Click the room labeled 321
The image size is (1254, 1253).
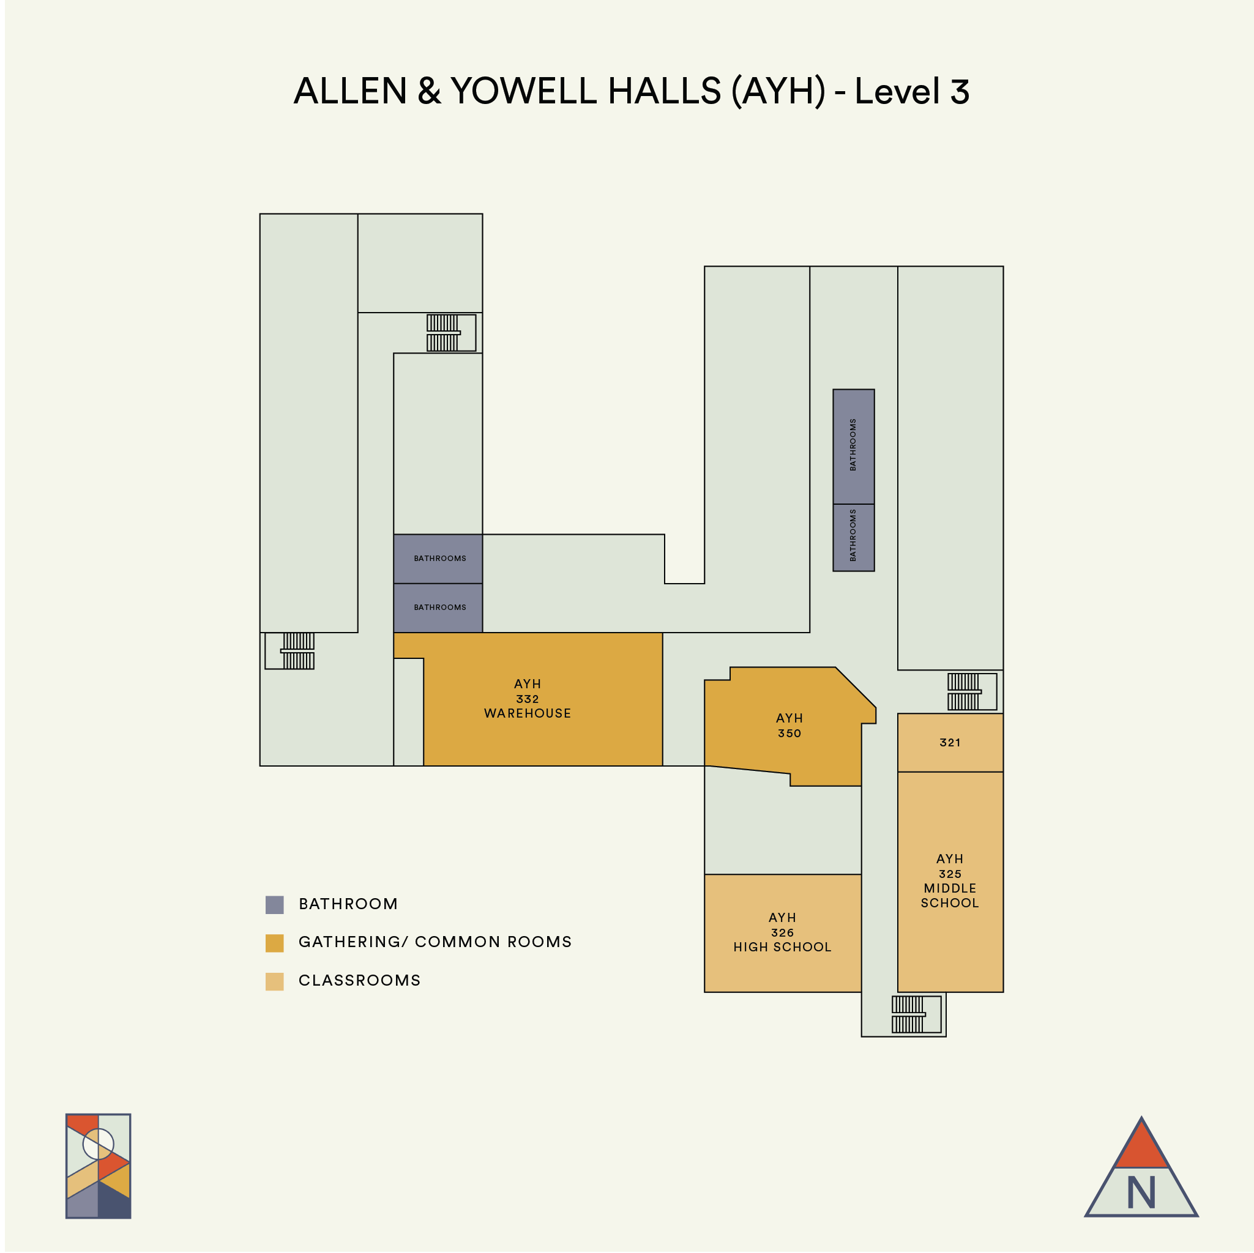click(x=950, y=742)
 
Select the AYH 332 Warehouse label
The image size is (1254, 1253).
click(x=527, y=699)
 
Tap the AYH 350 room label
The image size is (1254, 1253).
click(x=789, y=726)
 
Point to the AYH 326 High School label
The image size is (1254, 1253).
click(x=782, y=932)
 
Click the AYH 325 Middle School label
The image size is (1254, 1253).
click(x=950, y=880)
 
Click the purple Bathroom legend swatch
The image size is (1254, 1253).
click(x=275, y=904)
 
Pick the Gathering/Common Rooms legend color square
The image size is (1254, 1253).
click(x=275, y=943)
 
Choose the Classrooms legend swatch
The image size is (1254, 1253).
click(x=275, y=981)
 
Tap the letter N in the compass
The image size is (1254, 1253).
click(x=1141, y=1192)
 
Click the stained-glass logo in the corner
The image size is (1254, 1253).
click(x=99, y=1166)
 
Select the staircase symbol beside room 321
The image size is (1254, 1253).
click(x=971, y=692)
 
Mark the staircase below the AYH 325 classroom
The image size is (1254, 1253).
click(x=915, y=1014)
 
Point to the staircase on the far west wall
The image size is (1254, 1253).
click(x=290, y=651)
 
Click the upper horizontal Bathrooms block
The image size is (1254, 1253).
click(x=438, y=559)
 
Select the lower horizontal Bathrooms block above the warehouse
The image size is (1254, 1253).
click(x=438, y=608)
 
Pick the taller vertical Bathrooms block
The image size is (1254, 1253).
click(x=854, y=447)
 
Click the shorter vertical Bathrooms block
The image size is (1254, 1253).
click(x=854, y=537)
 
